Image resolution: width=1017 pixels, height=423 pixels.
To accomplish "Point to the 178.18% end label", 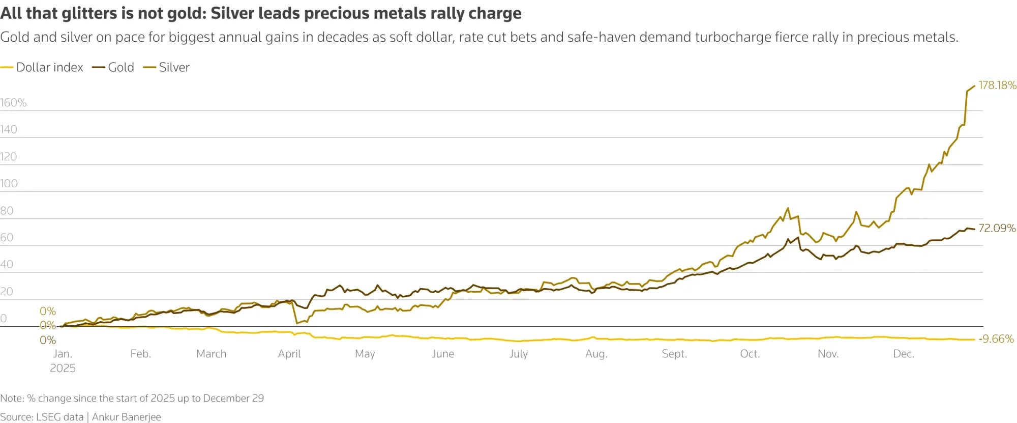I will point(997,85).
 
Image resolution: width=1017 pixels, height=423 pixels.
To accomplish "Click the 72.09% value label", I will point(997,228).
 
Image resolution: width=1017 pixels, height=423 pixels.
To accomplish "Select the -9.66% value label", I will point(996,339).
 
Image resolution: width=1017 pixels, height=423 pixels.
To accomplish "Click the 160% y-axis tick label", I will point(13,103).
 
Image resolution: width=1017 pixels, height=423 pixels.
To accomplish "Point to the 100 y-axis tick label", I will point(9,183).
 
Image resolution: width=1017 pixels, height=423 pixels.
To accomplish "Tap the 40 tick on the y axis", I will point(7,264).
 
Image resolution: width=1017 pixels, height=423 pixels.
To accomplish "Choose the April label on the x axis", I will point(289,354).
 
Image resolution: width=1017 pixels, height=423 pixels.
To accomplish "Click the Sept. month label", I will point(674,354).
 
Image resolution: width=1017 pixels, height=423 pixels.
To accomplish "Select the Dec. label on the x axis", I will point(904,354).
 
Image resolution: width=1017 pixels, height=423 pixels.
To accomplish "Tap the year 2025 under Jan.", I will point(63,368).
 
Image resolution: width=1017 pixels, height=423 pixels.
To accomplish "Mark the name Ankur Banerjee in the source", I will point(127,417).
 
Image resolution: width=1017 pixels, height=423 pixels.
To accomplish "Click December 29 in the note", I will point(233,398).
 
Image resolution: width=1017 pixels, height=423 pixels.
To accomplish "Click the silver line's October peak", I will point(788,208).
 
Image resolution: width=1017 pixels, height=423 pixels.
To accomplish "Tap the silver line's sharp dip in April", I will point(297,323).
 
